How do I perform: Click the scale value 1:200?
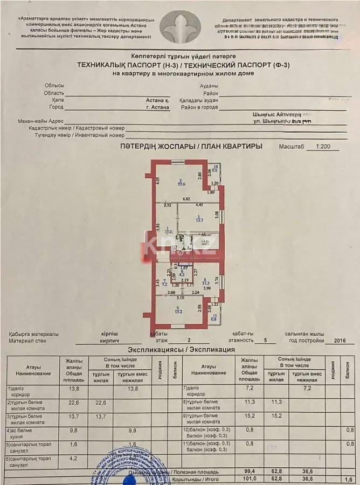pos(323,147)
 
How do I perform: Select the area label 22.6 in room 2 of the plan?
pos(182,184)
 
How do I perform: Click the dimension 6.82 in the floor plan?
pos(185,199)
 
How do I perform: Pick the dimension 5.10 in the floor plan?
pos(181,297)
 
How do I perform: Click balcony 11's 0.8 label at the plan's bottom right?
pos(213,319)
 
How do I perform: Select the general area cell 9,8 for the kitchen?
pos(73,431)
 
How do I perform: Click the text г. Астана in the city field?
pos(157,107)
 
